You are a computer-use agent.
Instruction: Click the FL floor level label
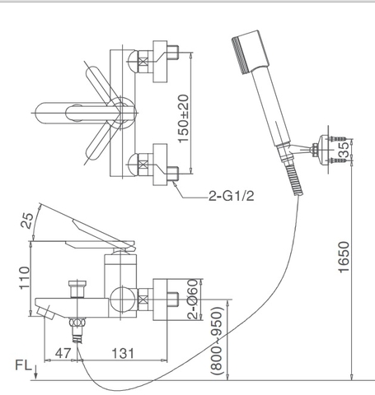pyautogui.click(x=24, y=365)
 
